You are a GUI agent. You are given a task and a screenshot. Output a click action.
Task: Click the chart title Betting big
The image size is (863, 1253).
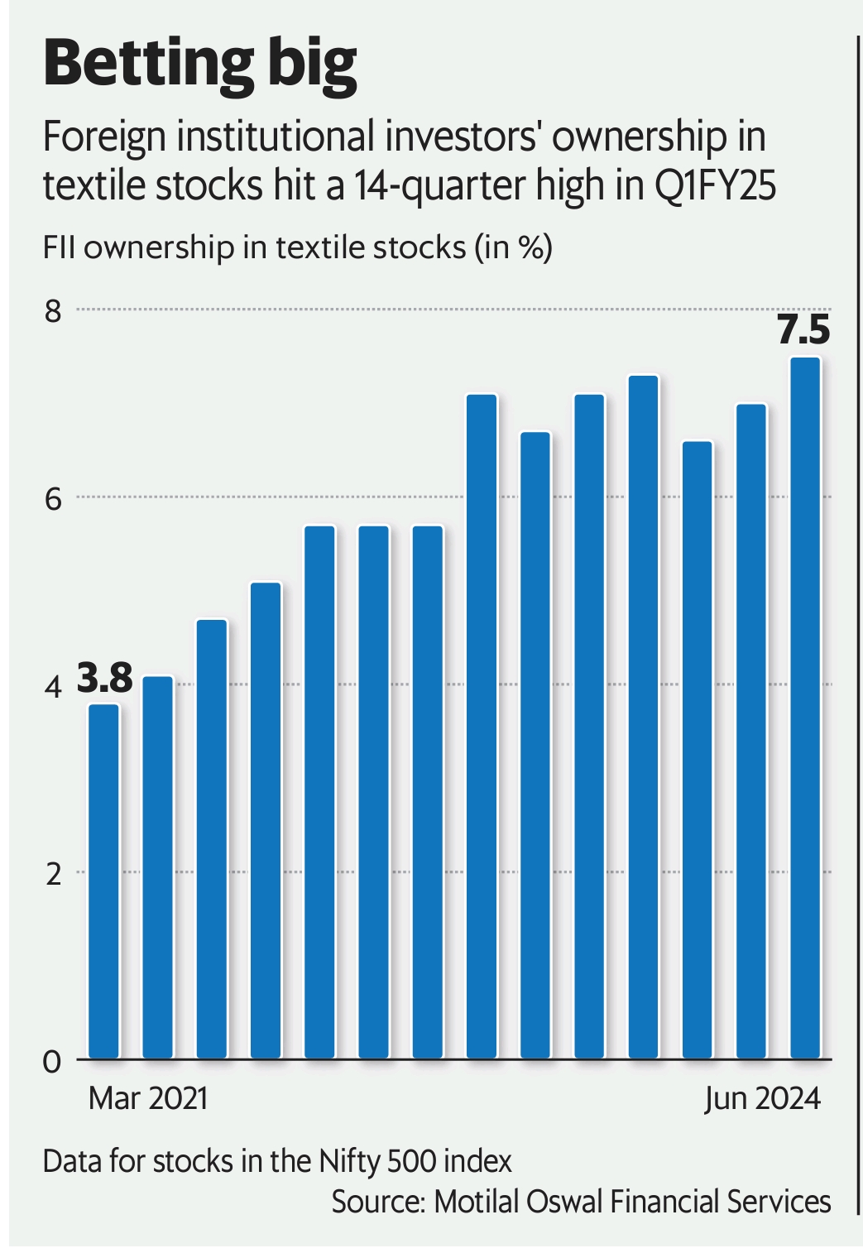199,65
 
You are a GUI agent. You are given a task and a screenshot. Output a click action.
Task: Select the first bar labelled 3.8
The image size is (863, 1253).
103,881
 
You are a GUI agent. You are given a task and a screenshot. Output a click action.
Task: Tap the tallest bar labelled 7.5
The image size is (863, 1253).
805,708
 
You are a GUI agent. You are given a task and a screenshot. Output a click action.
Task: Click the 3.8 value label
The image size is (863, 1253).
105,679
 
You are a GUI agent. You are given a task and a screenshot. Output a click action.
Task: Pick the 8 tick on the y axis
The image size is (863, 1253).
54,311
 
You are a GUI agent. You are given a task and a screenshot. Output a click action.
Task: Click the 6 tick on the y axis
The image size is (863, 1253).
54,499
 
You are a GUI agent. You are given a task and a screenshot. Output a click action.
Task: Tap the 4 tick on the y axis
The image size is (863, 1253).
54,687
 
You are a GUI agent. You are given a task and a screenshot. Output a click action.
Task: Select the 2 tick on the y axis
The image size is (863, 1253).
54,874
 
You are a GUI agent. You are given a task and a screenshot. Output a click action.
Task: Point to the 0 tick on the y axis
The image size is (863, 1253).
54,1061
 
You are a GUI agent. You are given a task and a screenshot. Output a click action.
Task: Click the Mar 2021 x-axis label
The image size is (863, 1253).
147,1098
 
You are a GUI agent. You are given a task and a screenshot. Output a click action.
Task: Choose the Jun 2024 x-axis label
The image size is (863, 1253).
762,1098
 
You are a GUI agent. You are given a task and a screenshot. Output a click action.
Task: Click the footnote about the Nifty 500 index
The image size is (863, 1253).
277,1161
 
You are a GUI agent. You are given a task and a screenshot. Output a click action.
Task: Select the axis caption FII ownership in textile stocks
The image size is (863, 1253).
297,247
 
